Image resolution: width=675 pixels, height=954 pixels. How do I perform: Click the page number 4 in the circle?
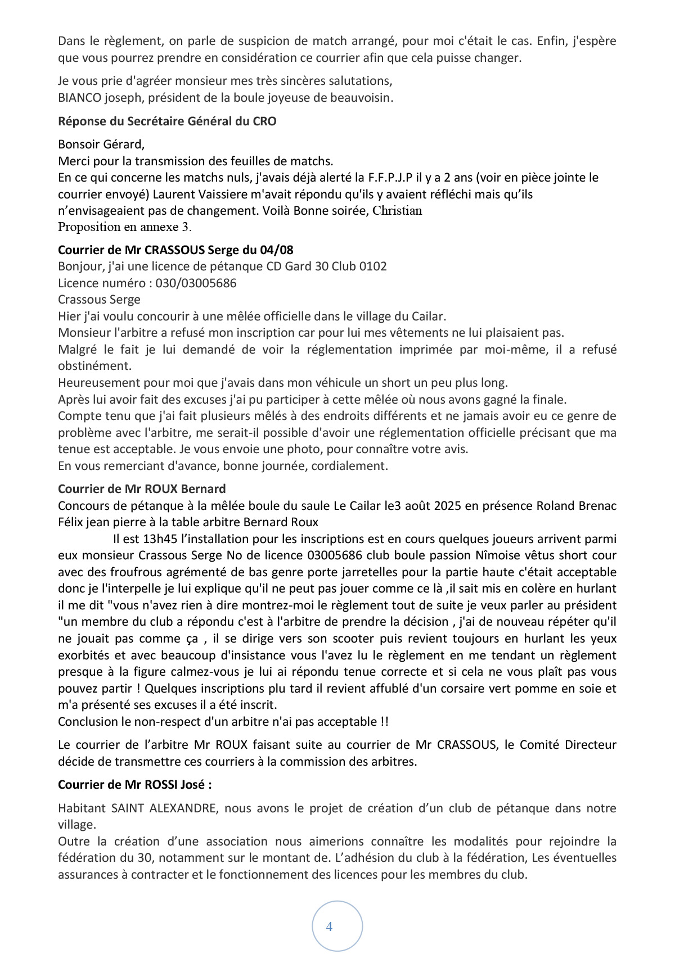329,926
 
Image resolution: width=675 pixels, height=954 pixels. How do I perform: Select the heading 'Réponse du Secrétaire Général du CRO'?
167,121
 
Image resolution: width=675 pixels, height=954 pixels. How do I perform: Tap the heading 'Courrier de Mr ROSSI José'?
135,784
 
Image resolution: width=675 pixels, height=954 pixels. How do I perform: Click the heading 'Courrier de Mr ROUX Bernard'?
142,489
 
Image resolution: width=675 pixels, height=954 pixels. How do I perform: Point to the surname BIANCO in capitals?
79,97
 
